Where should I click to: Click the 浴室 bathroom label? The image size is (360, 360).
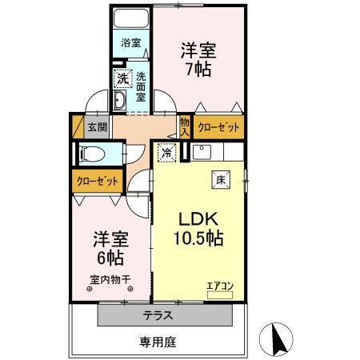pyautogui.click(x=130, y=42)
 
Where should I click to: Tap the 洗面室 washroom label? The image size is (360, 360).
pyautogui.click(x=140, y=82)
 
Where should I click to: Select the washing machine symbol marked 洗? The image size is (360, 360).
pyautogui.click(x=122, y=78)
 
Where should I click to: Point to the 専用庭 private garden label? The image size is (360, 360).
pyautogui.click(x=157, y=342)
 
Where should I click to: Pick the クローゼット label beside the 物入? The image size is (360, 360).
pyautogui.click(x=214, y=126)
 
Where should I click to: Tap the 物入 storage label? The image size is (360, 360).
pyautogui.click(x=185, y=126)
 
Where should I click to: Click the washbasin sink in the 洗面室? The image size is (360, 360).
pyautogui.click(x=119, y=101)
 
